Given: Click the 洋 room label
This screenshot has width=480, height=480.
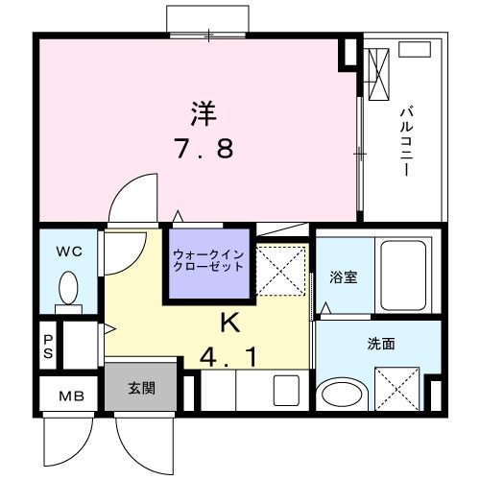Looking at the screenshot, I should coord(202,113).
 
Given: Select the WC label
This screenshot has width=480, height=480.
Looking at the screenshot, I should coord(67,252).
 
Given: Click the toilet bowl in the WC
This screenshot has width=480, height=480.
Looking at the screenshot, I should coord(68,287).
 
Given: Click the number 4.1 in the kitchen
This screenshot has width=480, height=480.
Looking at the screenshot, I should coord(228,356).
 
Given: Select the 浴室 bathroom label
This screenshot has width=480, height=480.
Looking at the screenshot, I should coord(344,277).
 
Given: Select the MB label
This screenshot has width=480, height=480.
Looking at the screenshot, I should coord(72,396).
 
